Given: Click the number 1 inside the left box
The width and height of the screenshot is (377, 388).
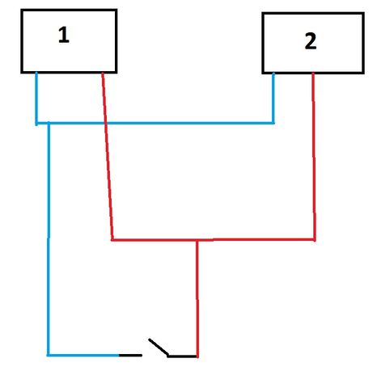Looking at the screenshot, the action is tap(64, 35).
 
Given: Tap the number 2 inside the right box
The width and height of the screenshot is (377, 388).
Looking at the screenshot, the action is tap(311, 41).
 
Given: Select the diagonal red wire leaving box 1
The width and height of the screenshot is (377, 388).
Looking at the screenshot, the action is tap(108, 156).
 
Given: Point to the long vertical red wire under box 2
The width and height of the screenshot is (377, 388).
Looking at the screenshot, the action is tap(314, 156).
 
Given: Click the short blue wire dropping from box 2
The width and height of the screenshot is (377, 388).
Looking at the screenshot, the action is tap(273, 98).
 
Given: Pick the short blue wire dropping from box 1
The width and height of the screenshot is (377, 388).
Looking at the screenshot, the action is tap(36, 99).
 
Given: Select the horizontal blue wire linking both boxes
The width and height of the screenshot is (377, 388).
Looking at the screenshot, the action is tap(155, 124).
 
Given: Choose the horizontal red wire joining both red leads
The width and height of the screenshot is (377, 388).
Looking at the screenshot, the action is tap(213, 239).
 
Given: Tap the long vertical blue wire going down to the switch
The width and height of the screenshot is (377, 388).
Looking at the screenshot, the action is tap(49, 238).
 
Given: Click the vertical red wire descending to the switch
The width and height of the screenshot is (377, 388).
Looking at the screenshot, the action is tap(197, 298).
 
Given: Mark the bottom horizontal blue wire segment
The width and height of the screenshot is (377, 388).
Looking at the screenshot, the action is tap(83, 356).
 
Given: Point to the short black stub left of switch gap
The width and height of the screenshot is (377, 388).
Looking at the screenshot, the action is tap(130, 356).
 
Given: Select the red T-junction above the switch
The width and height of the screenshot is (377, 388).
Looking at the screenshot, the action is tap(197, 239).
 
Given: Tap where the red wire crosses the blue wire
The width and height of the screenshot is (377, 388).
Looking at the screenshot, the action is tap(105, 124).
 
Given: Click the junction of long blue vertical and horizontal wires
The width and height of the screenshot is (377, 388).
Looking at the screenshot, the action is tap(49, 124).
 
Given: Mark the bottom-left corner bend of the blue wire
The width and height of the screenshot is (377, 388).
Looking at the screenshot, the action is tap(49, 356).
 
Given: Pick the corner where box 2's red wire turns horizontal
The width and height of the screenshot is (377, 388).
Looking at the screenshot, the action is tap(315, 239).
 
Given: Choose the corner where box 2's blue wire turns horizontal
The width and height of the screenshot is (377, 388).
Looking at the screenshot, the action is tap(273, 123).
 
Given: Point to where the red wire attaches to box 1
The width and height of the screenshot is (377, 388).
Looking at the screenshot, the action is tap(103, 73).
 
